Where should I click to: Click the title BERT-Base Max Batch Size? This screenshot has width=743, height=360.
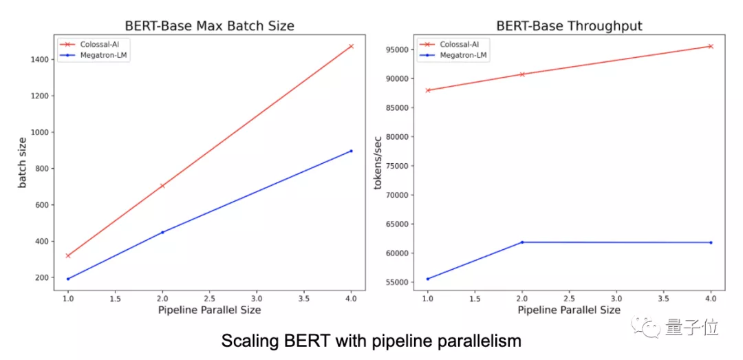[209, 26]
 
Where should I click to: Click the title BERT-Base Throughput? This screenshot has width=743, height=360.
[569, 26]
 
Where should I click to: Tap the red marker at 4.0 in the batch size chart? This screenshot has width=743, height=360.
[351, 46]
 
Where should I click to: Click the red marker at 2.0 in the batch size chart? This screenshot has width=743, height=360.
[162, 186]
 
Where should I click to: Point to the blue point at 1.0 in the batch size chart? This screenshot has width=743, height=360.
[68, 279]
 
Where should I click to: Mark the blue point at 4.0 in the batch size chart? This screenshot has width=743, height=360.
[351, 151]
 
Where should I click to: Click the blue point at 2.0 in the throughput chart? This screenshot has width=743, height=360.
[522, 242]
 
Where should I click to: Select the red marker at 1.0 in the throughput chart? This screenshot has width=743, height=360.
[428, 90]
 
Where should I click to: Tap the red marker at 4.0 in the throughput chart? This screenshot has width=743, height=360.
[711, 46]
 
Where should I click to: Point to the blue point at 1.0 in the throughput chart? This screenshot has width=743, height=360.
[428, 279]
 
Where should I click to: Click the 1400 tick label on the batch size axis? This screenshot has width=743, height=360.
[39, 60]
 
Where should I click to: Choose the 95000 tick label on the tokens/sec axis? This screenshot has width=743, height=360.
[398, 50]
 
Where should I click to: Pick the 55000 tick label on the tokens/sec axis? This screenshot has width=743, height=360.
[398, 282]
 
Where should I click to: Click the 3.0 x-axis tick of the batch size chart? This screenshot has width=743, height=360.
[257, 299]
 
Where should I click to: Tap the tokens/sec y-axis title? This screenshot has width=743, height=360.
[378, 163]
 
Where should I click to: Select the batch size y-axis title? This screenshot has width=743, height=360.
[22, 163]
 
